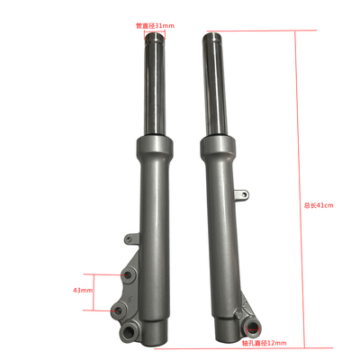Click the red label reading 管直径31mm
[155, 26]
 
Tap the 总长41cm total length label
[319, 205]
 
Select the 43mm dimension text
[83, 291]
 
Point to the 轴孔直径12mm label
[265, 343]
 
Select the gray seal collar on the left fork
[155, 145]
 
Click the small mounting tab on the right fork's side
[242, 194]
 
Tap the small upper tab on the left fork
[130, 238]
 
